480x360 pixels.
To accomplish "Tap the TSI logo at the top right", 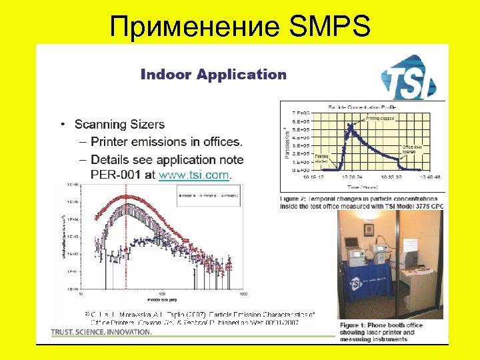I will (x=408, y=78).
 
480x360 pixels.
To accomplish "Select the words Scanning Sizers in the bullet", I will (x=119, y=125).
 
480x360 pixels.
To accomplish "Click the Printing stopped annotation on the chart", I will (x=380, y=118).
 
